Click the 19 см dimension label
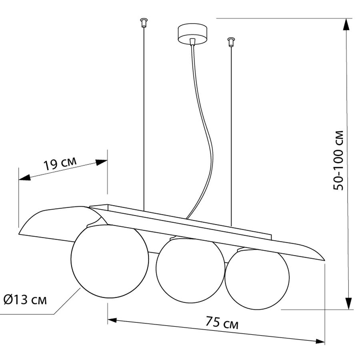60,163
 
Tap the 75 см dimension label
222,322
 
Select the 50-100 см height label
338,160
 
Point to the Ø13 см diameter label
25,300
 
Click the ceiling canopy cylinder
193,34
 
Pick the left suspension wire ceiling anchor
144,23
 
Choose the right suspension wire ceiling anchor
231,42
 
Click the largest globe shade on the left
110,262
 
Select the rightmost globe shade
257,279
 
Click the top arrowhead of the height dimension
346,24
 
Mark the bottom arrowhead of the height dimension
349,303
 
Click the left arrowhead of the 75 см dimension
112,320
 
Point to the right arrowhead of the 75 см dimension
320,342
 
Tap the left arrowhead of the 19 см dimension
24,178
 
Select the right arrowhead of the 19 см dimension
102,162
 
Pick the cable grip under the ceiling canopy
193,42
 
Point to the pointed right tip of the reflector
324,260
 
